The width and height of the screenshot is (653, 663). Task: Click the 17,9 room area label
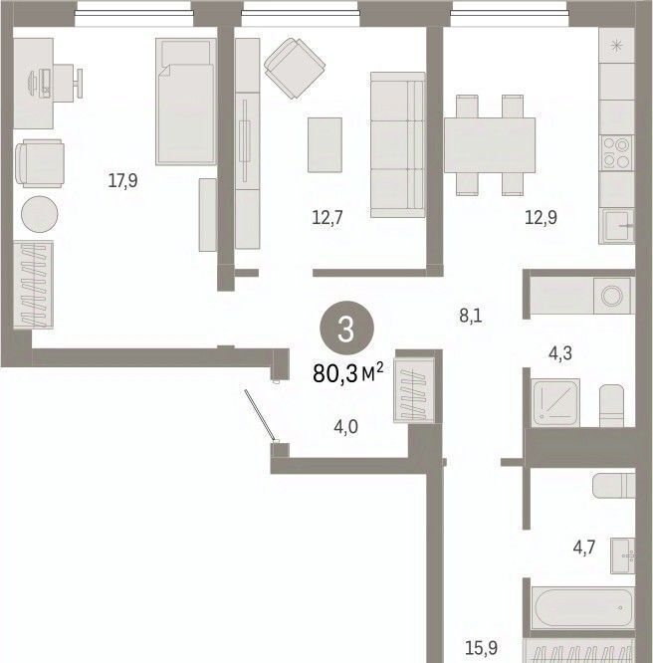(122, 181)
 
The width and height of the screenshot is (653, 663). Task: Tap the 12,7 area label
(327, 218)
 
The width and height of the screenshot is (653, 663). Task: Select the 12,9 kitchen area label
(541, 218)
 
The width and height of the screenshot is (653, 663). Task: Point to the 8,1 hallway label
(471, 316)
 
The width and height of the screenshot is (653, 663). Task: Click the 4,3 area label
(560, 353)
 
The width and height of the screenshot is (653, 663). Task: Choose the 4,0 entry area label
(346, 427)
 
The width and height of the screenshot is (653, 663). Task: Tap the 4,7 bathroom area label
(584, 548)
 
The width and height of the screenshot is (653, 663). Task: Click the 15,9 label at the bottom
(482, 647)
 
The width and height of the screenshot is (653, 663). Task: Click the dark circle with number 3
(346, 329)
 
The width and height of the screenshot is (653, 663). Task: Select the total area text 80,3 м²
(348, 373)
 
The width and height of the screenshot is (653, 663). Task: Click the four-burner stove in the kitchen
(616, 153)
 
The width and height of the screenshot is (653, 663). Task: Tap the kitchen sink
(616, 226)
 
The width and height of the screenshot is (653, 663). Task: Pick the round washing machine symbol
(611, 296)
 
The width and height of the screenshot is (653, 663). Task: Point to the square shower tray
(556, 402)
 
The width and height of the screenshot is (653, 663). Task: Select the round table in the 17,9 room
(40, 214)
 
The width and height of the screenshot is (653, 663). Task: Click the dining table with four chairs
(490, 145)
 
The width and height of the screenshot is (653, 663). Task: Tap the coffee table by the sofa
(325, 145)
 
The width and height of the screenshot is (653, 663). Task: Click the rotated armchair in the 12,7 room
(295, 68)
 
